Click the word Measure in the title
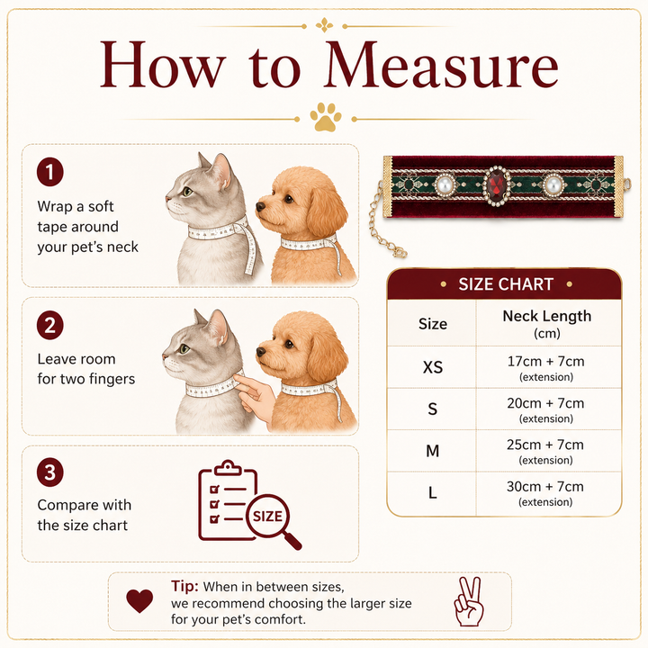click(x=441, y=65)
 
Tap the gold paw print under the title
click(x=326, y=117)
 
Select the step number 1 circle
click(x=50, y=172)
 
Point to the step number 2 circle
click(x=50, y=325)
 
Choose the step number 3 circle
click(x=50, y=472)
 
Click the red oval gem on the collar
click(x=496, y=185)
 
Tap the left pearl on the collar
click(x=445, y=185)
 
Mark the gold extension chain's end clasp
click(x=400, y=252)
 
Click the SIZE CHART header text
click(x=506, y=284)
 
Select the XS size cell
click(x=432, y=367)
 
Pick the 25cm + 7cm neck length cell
click(x=545, y=451)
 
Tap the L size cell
click(x=432, y=492)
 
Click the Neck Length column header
click(x=547, y=324)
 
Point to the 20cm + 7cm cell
click(x=545, y=409)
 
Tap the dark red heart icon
click(x=139, y=601)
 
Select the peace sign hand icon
click(x=469, y=601)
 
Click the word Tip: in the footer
click(x=184, y=586)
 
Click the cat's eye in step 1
click(x=187, y=192)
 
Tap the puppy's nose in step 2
click(x=261, y=352)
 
